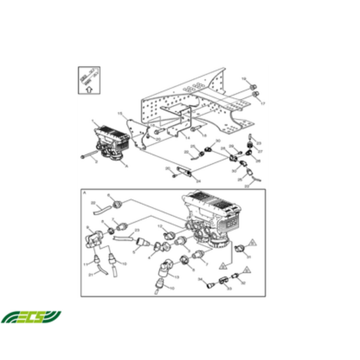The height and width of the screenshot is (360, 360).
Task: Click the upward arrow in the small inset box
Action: click(88, 89)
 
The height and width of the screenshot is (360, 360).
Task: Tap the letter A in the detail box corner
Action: click(85, 192)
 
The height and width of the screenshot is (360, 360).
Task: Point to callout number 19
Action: click(244, 78)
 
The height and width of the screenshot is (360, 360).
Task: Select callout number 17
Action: click(262, 103)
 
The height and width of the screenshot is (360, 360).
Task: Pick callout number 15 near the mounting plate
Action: click(120, 113)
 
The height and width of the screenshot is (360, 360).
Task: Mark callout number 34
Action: click(200, 279)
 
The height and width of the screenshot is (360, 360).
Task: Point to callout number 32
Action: click(243, 284)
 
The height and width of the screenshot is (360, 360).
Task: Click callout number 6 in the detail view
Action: click(108, 196)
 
